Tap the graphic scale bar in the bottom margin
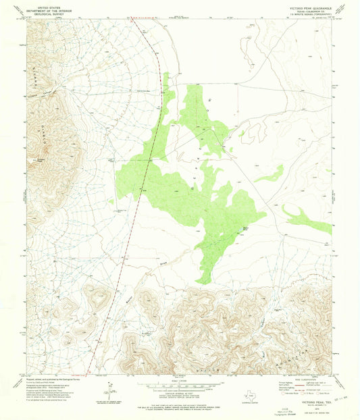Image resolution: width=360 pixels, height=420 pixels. pos(179,387)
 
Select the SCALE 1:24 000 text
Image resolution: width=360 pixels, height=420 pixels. pos(180,382)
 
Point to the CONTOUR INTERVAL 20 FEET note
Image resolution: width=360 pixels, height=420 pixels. pos(180,393)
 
